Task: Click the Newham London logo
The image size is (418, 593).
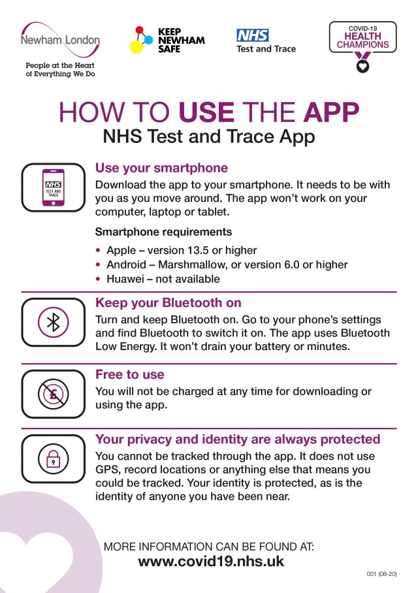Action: click(61, 40)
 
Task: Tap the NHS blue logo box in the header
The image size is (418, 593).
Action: click(253, 35)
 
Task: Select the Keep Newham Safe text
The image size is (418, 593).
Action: click(181, 40)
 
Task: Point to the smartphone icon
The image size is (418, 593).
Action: click(54, 187)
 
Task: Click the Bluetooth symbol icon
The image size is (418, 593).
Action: click(54, 322)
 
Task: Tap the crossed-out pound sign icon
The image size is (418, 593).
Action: click(54, 394)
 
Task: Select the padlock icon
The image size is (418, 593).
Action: click(54, 458)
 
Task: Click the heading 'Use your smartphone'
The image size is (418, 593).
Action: click(161, 168)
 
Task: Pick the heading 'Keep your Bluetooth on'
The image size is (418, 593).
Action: click(169, 302)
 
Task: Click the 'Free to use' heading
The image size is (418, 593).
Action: click(130, 374)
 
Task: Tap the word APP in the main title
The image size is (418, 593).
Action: click(331, 112)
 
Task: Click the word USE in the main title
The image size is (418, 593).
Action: click(206, 112)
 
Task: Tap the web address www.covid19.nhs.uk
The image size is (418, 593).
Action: click(211, 561)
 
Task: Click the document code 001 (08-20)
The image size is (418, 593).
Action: click(381, 574)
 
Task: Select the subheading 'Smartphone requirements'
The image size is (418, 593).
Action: click(163, 232)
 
